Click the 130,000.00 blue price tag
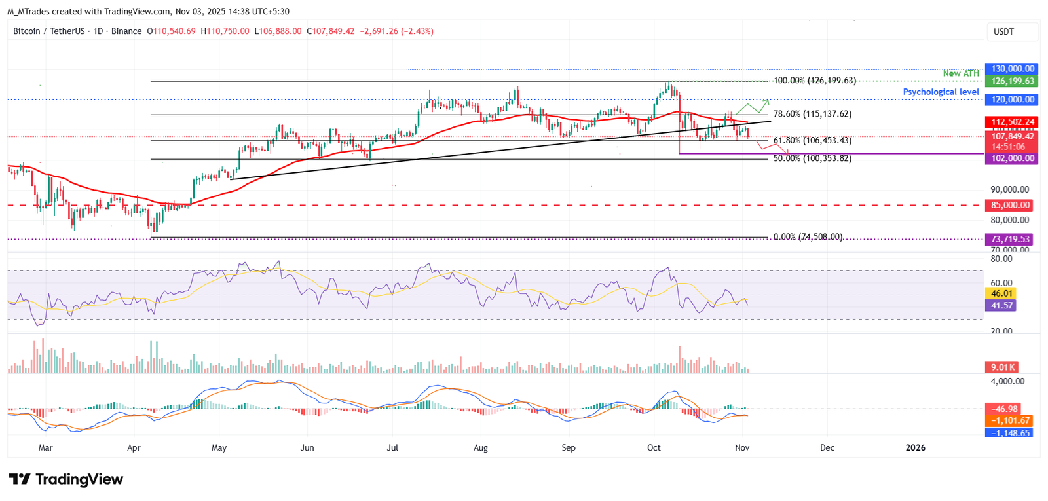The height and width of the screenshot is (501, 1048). [x=1012, y=69]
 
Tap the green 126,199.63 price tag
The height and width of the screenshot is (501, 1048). [x=1012, y=81]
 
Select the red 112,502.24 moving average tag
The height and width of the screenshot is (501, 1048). [x=1012, y=122]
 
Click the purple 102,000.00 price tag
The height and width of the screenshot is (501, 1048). [x=1012, y=158]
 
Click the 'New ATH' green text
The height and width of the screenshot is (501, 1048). [x=961, y=73]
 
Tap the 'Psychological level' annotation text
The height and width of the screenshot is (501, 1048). [x=941, y=92]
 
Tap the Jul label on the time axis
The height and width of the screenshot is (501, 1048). [x=392, y=448]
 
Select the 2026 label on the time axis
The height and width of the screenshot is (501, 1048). [x=915, y=448]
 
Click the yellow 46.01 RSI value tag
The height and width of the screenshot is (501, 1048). [x=1001, y=293]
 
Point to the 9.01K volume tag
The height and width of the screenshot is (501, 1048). [x=1002, y=367]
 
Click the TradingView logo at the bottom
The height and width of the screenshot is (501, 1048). [x=65, y=479]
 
